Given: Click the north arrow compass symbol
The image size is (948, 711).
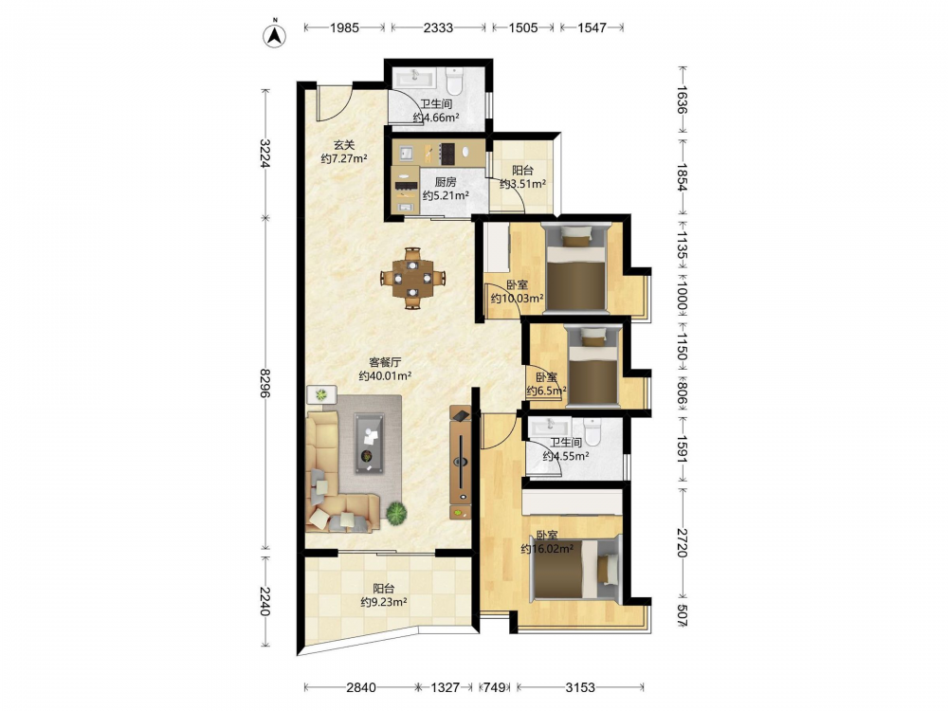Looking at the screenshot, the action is tap(275, 34).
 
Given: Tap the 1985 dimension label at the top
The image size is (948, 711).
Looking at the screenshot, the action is tap(344, 27).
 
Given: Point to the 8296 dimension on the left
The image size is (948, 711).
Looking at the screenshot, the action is tap(264, 383).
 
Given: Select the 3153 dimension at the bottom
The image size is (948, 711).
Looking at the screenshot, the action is tap(580, 686).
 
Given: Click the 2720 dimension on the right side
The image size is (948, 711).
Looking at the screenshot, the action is tap(682, 542).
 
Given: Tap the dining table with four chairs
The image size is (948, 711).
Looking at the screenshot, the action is tap(413, 278).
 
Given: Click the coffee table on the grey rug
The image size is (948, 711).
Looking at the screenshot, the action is tap(369, 443).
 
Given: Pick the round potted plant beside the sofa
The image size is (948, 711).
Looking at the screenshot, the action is tap(396, 513).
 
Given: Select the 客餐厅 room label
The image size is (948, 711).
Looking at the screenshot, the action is tap(385, 362).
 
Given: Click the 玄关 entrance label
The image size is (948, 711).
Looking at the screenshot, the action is tap(344, 145).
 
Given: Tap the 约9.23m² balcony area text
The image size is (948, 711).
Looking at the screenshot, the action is tap(384, 602).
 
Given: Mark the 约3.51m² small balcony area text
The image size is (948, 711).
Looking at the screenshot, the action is tap(523, 184).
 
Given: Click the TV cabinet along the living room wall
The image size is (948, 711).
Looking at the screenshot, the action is tap(461, 463).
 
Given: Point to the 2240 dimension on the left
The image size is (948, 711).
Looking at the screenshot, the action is tap(264, 601).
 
